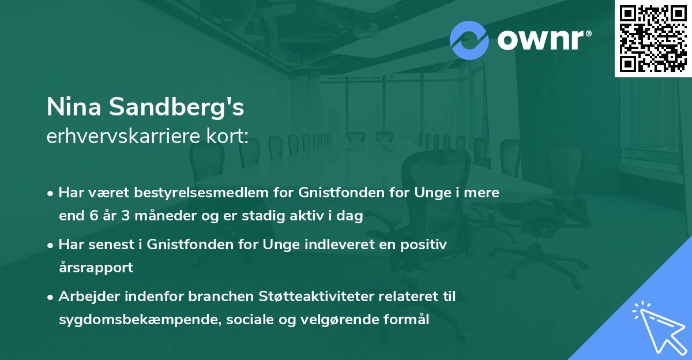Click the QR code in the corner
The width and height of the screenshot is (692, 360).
pos(652,38)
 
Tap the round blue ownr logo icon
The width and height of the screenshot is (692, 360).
pos(469,40)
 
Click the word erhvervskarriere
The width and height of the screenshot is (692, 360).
pos(123,136)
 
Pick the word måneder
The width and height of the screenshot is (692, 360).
pos(159,216)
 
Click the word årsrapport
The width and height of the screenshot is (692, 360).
pos(96,268)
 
